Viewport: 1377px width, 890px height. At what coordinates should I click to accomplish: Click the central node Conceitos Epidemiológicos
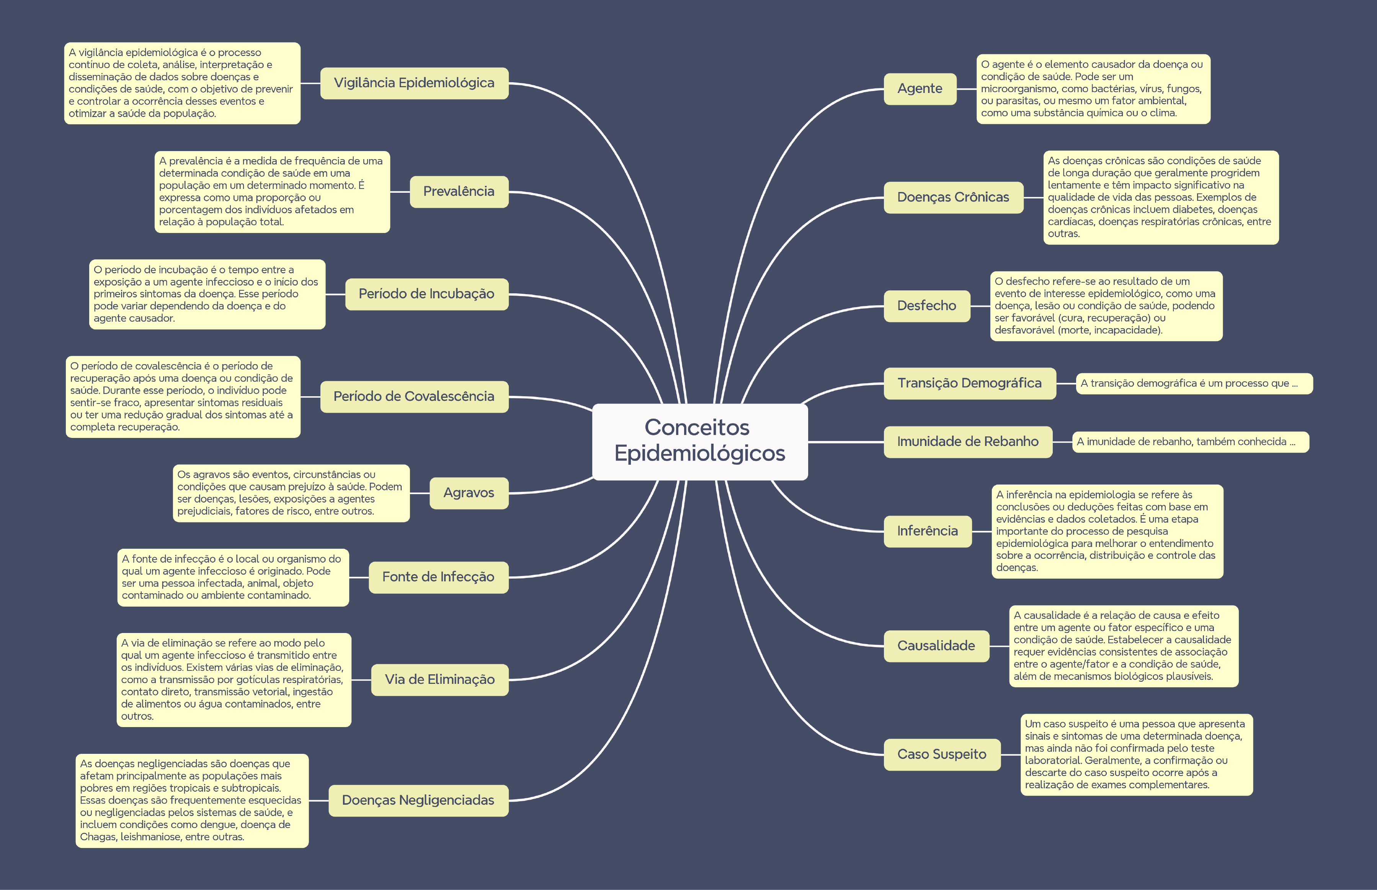point(700,441)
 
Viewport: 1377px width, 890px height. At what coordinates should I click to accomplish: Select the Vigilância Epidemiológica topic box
point(414,83)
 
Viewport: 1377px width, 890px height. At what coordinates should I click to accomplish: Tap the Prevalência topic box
point(459,191)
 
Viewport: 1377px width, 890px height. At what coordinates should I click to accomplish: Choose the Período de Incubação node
point(426,294)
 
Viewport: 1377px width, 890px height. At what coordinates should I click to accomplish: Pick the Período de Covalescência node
point(414,397)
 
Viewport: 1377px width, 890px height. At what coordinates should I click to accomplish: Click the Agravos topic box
point(469,493)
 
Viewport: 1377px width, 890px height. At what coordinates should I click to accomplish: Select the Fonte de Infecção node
point(438,577)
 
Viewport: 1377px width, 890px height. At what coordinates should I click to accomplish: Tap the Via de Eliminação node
point(439,680)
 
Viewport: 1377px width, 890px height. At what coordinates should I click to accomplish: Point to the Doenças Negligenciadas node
point(418,801)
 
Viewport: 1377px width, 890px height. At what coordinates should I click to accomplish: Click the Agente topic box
point(920,89)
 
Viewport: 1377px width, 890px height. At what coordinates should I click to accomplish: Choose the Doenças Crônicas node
point(953,198)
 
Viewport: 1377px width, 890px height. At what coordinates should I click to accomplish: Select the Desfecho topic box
point(926,306)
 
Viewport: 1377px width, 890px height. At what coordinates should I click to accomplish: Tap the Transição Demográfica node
point(969,383)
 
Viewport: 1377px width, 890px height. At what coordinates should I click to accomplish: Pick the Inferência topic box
point(927,531)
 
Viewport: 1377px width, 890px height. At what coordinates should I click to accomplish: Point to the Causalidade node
point(936,646)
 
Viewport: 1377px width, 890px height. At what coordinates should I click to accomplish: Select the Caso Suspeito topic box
point(941,754)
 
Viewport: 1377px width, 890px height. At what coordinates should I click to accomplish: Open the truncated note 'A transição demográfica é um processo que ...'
point(1193,384)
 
